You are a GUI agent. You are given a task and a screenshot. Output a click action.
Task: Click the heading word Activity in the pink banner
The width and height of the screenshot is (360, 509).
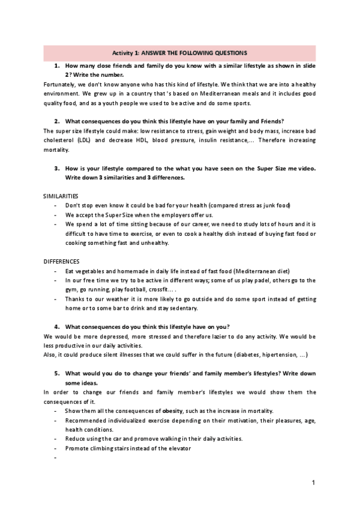[x=123, y=53]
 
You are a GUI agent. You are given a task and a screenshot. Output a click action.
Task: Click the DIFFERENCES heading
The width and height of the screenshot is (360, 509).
[x=61, y=262]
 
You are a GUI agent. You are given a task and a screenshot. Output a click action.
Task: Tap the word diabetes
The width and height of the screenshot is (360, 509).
[x=238, y=354]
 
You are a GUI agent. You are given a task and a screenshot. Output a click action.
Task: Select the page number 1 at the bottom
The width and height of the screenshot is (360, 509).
[x=314, y=482]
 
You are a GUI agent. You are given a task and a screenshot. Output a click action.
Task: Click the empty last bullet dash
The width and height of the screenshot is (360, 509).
[x=55, y=457]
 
